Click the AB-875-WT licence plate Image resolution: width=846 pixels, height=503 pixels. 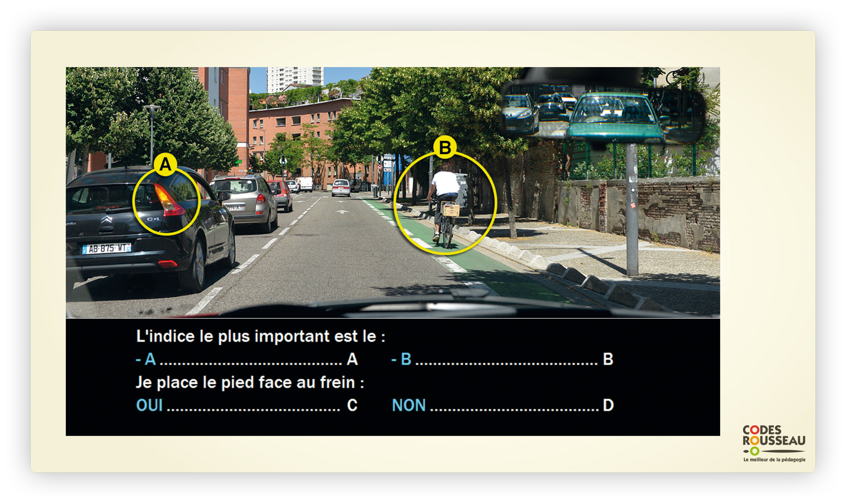point(107,248)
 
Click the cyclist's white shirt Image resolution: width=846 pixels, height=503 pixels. point(446,183)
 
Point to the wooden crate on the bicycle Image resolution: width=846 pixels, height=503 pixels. point(450,209)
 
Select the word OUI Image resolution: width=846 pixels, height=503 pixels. point(150,405)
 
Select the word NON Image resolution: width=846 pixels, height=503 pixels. point(409,405)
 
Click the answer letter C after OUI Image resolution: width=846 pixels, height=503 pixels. point(352,405)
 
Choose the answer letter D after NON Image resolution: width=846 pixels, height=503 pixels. point(608,405)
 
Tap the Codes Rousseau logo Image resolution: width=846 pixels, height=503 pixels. point(774,443)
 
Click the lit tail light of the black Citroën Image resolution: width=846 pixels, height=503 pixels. point(168,200)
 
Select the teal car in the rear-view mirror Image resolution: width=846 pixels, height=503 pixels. point(615,117)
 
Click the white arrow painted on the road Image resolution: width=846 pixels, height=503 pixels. point(342,211)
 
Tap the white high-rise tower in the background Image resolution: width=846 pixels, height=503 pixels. point(294,79)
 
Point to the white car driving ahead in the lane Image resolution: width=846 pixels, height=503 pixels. point(341,188)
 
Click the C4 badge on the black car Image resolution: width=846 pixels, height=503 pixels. point(153,219)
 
